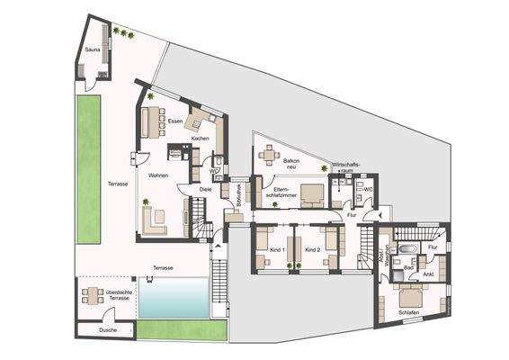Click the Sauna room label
tap(92, 50)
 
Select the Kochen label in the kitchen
tap(201, 139)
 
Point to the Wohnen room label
tap(159, 175)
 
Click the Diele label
tap(205, 189)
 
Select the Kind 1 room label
tap(276, 249)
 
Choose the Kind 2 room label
tap(312, 249)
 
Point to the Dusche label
tap(108, 330)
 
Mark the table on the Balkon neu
tap(267, 155)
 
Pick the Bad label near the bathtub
tap(407, 267)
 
